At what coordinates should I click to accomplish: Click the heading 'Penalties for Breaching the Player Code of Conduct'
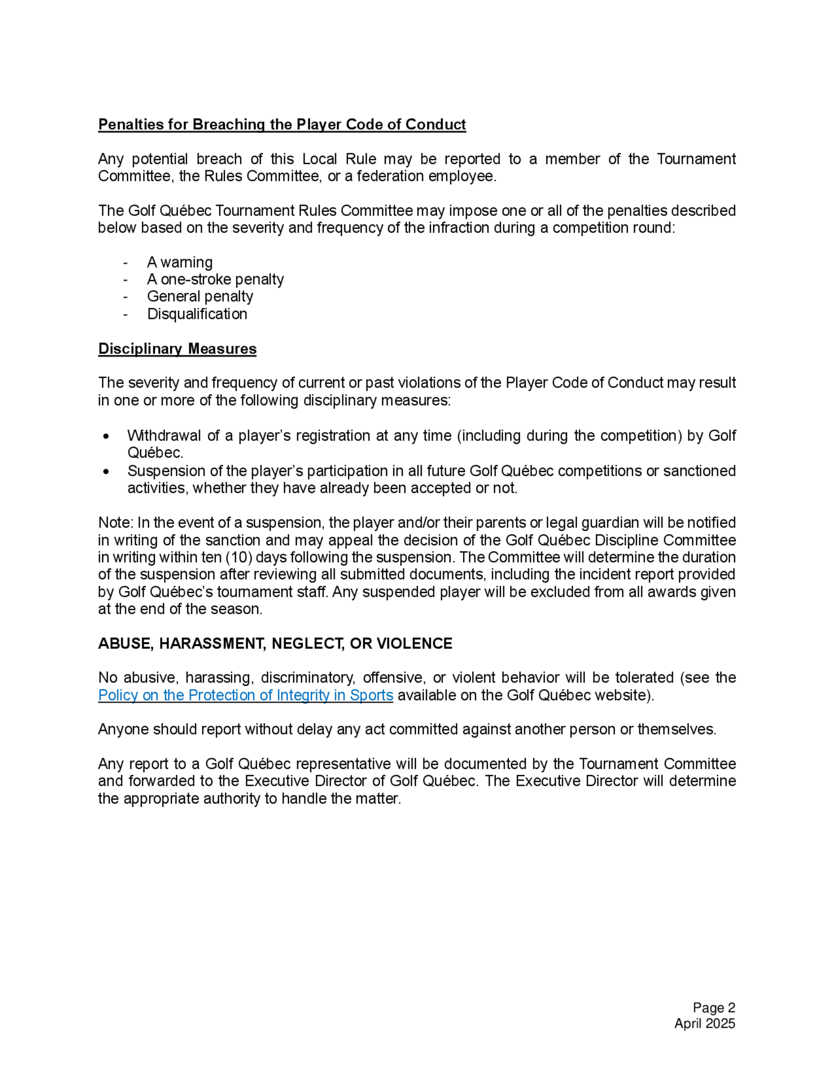coord(281,125)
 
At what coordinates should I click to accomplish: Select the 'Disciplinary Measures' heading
coord(177,349)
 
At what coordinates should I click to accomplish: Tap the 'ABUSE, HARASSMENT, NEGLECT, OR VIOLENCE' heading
coord(275,643)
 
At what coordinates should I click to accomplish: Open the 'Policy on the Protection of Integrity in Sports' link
coord(246,695)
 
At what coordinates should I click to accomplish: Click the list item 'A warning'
coord(179,262)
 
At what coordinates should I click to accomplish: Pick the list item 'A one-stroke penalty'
coord(215,280)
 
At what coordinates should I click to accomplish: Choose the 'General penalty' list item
coord(200,296)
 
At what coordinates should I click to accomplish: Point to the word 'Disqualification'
coord(197,314)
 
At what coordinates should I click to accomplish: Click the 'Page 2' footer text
coord(713,1008)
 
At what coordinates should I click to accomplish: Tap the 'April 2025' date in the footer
coord(705,1023)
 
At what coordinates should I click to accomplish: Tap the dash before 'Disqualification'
coord(126,314)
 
